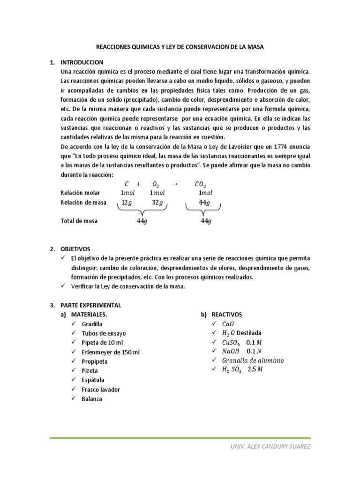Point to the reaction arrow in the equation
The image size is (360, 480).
(175, 184)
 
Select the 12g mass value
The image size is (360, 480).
(127, 202)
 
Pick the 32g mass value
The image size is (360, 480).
(157, 202)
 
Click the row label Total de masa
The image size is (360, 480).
(79, 221)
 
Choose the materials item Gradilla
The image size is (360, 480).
(91, 324)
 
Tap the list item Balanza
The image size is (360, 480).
(91, 399)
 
